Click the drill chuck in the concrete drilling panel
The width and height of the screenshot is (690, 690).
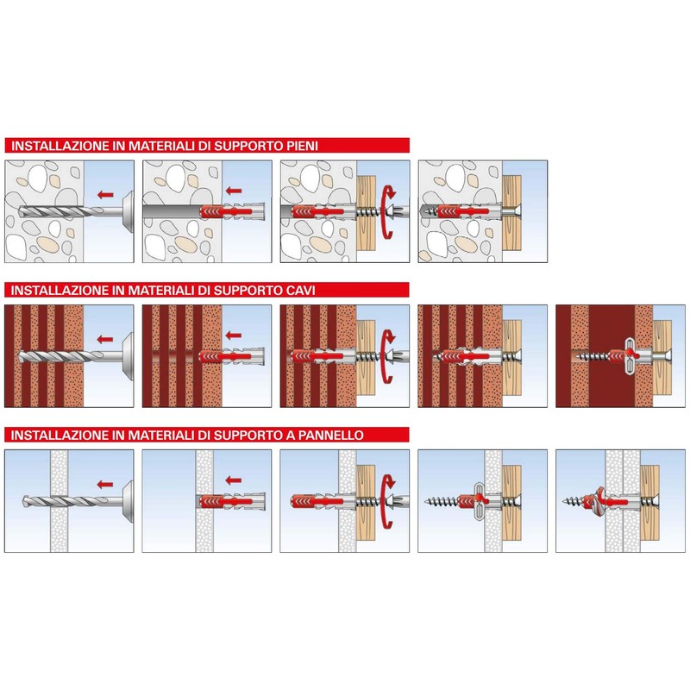point(126,211)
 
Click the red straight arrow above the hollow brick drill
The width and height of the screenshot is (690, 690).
point(104,338)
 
